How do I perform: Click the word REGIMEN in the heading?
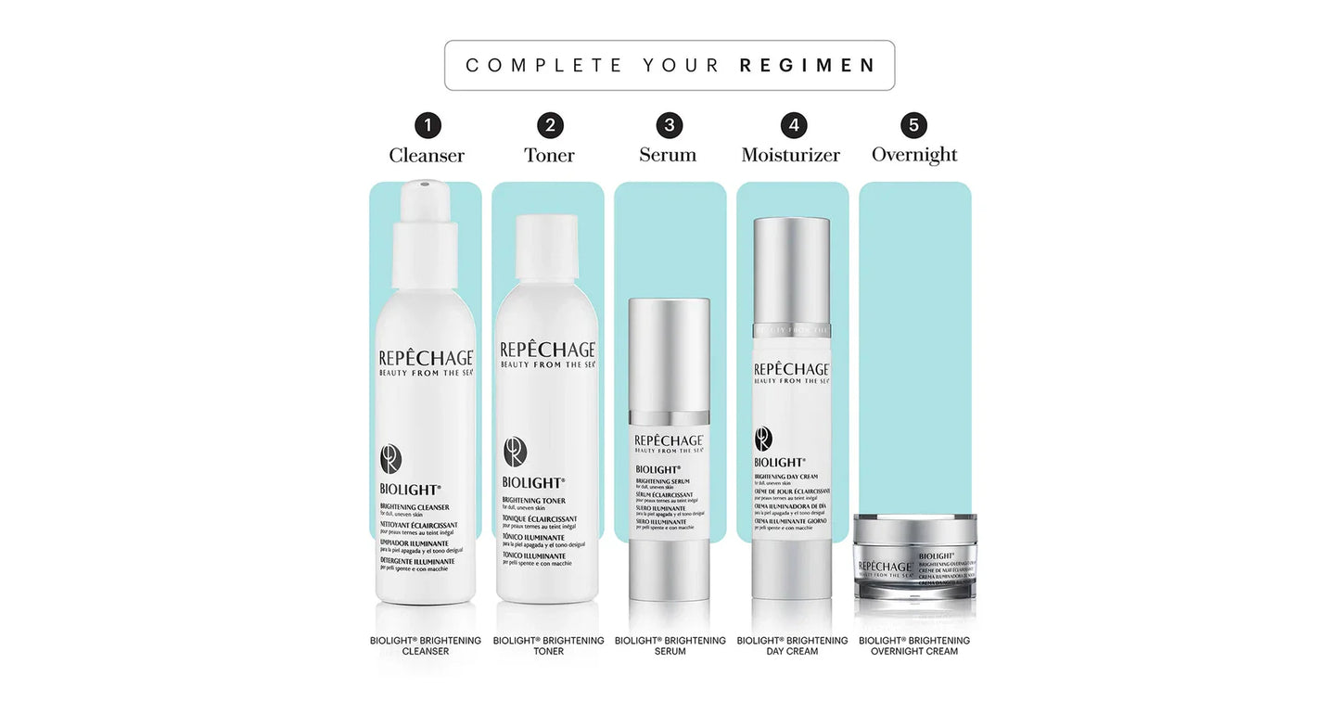(x=807, y=66)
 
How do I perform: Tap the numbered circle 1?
(x=427, y=125)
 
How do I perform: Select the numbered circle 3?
(x=669, y=125)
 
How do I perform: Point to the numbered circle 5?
(x=913, y=125)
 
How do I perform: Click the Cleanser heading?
(x=427, y=156)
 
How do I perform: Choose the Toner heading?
(x=549, y=155)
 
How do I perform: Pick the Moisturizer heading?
(x=790, y=155)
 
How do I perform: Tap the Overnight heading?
(x=914, y=155)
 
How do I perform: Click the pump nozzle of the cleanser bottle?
(x=423, y=192)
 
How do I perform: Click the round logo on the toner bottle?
(x=515, y=452)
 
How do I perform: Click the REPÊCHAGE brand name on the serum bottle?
(x=670, y=440)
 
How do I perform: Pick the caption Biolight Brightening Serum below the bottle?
(x=670, y=645)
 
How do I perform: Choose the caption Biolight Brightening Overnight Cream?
(x=914, y=645)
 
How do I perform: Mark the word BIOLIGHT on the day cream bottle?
(x=779, y=462)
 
